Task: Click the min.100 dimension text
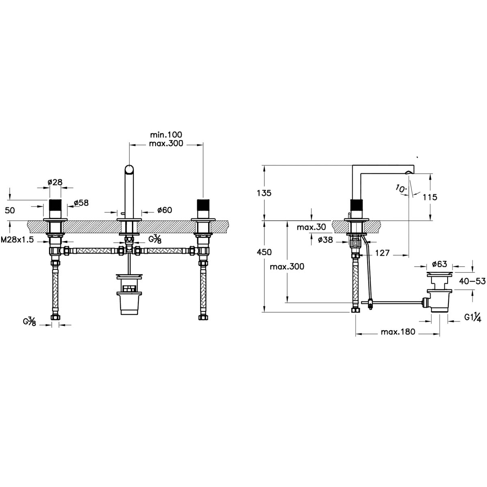pyautogui.click(x=166, y=134)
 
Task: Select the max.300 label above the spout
pyautogui.click(x=166, y=144)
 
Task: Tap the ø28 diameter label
pyautogui.click(x=55, y=182)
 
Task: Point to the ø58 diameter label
pyautogui.click(x=82, y=203)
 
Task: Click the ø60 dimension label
pyautogui.click(x=164, y=210)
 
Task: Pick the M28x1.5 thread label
pyautogui.click(x=17, y=239)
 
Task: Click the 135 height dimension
pyautogui.click(x=264, y=193)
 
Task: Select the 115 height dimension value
pyautogui.click(x=430, y=197)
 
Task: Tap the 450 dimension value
pyautogui.click(x=264, y=252)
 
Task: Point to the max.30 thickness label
pyautogui.click(x=311, y=227)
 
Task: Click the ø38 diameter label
pyautogui.click(x=325, y=239)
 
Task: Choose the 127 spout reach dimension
pyautogui.click(x=382, y=253)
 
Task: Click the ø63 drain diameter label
pyautogui.click(x=440, y=264)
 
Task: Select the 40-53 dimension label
pyautogui.click(x=472, y=281)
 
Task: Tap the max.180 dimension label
pyautogui.click(x=398, y=332)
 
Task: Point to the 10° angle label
pyautogui.click(x=401, y=189)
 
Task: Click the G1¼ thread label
pyautogui.click(x=473, y=317)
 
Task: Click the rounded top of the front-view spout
pyautogui.click(x=129, y=168)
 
